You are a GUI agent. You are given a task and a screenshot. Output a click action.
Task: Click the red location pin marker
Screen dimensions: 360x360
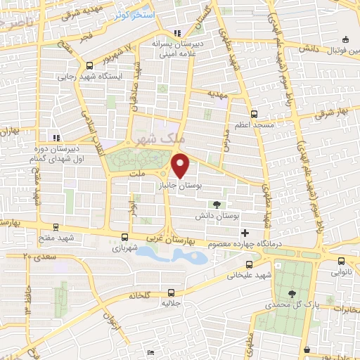(x=181, y=165)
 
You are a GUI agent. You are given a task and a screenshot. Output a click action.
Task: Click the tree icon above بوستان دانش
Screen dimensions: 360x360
(x=216, y=204)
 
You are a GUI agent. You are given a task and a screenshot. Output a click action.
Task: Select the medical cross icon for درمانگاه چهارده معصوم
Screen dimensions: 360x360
(x=245, y=233)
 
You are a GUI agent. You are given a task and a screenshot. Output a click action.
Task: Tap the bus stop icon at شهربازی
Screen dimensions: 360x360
(x=125, y=238)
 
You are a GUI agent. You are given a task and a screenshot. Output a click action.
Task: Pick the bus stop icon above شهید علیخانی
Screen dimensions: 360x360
(x=248, y=265)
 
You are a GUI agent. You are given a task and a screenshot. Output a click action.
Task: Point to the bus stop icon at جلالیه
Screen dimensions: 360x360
(x=172, y=292)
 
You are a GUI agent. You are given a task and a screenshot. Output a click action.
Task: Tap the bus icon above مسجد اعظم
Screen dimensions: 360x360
(x=253, y=112)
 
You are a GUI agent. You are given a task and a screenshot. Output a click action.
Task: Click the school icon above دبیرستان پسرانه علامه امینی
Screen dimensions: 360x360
(x=177, y=32)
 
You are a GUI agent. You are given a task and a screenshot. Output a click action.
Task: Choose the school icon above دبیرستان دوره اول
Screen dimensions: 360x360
(x=55, y=138)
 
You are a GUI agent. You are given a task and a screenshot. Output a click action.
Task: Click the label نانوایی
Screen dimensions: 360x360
(x=340, y=270)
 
